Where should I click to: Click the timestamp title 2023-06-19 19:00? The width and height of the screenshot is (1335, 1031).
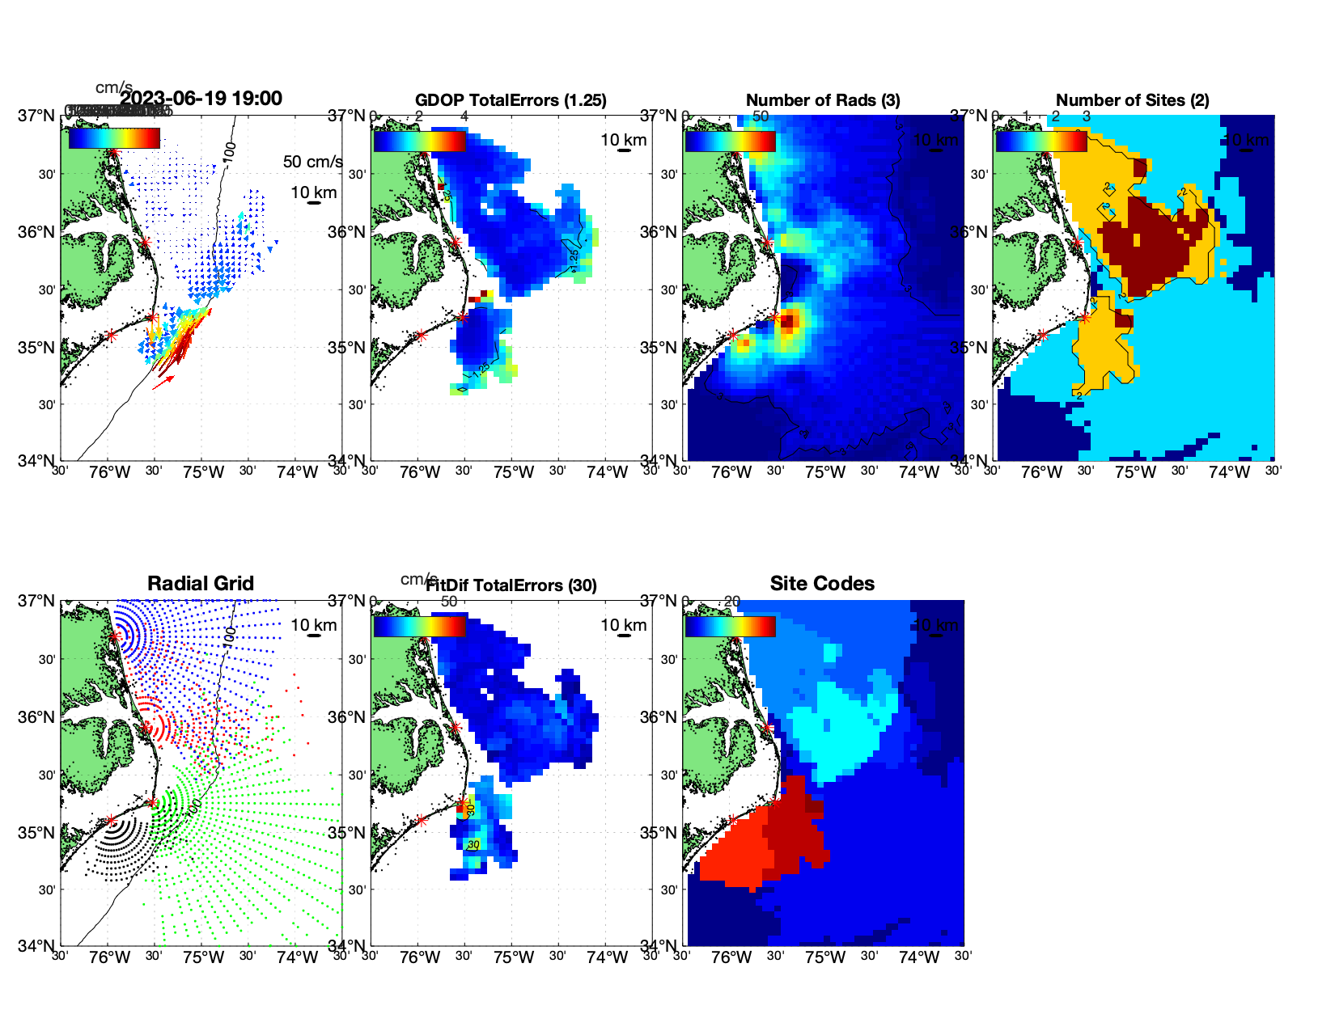201,99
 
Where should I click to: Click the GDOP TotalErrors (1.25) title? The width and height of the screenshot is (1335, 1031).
511,100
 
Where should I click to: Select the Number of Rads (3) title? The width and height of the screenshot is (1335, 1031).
823,100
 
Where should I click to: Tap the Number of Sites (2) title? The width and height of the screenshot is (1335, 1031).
1132,100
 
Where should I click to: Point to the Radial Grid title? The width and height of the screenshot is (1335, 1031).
201,584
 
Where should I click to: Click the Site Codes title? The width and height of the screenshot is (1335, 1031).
822,584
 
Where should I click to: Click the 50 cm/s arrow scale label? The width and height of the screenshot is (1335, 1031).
312,162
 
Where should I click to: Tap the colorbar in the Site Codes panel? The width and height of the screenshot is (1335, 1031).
730,627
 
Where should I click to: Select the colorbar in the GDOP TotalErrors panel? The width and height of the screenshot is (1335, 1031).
419,142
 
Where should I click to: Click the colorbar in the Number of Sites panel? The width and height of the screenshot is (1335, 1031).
1040,142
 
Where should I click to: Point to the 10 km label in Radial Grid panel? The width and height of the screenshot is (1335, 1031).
313,625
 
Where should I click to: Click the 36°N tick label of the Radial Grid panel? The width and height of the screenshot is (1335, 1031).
37,717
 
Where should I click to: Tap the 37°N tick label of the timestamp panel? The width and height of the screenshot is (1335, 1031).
37,116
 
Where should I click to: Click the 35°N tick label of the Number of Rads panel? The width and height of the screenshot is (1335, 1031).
659,348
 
